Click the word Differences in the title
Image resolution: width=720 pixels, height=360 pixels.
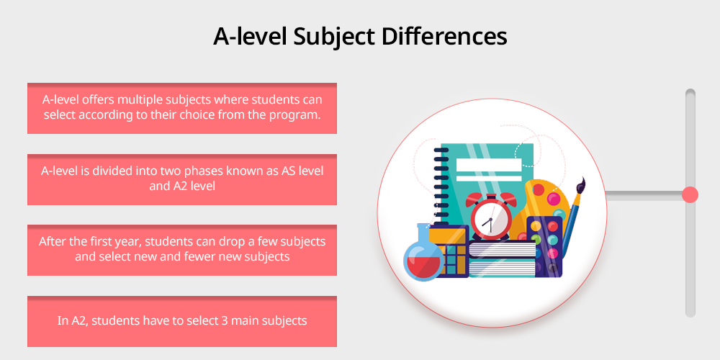point(444,37)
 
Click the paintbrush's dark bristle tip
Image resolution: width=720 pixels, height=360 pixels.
point(580,186)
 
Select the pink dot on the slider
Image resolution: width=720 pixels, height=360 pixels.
point(690,194)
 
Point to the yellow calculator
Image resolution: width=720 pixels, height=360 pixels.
point(449,251)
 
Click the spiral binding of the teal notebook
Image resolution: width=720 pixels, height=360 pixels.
point(441,186)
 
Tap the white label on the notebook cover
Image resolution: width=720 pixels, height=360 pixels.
point(489,169)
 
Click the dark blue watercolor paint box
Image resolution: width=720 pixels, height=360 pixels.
point(545,246)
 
